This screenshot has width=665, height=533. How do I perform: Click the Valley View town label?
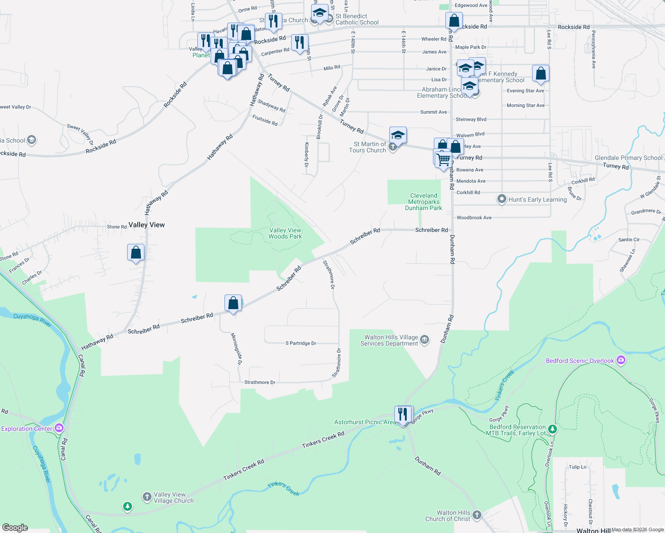click(x=146, y=225)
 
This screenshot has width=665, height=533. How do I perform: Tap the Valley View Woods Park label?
click(x=285, y=233)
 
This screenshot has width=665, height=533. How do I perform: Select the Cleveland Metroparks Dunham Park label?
click(x=423, y=202)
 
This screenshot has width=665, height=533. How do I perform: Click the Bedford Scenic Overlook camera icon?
click(x=621, y=361)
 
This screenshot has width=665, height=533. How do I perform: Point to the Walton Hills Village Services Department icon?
click(x=425, y=340)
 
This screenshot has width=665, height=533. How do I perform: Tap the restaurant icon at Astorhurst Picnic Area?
click(x=403, y=414)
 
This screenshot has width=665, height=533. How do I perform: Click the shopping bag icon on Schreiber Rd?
click(x=233, y=303)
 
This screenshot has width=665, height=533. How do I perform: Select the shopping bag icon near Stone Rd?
click(x=136, y=252)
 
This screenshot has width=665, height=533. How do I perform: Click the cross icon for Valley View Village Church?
click(x=147, y=497)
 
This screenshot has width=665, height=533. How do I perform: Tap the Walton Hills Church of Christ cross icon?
click(x=477, y=515)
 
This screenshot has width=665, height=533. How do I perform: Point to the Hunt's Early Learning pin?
click(x=502, y=199)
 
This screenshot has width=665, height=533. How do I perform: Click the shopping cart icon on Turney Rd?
click(x=444, y=159)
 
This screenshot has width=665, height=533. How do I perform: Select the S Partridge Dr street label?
click(x=301, y=343)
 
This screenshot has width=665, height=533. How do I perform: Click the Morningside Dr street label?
click(x=237, y=349)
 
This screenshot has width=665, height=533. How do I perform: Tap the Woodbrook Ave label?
click(x=474, y=218)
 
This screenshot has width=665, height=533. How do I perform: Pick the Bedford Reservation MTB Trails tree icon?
click(x=552, y=430)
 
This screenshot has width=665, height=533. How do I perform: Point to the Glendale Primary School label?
click(x=628, y=158)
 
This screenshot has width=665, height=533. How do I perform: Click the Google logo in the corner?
click(x=15, y=528)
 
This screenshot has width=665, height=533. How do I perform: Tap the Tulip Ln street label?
click(x=577, y=467)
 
